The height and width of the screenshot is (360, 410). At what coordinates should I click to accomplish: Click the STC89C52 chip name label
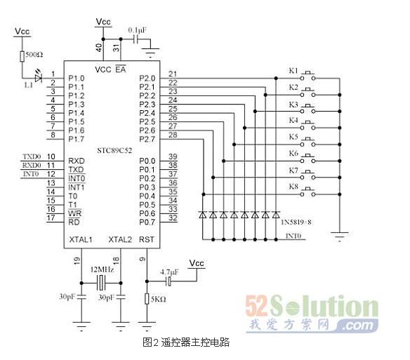tap(114, 150)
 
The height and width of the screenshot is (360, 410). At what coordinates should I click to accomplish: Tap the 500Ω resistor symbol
tap(22, 56)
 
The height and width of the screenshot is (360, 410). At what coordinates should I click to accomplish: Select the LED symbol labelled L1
tap(39, 78)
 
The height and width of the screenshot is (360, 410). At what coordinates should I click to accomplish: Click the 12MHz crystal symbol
tap(101, 283)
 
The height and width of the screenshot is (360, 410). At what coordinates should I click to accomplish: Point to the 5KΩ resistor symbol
tap(147, 298)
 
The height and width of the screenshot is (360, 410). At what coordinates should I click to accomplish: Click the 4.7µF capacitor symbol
tap(169, 281)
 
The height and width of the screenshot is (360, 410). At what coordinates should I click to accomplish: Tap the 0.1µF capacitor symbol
tap(135, 39)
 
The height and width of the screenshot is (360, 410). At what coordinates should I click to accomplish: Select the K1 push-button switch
tap(307, 76)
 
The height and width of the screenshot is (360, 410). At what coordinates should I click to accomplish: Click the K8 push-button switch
tap(307, 192)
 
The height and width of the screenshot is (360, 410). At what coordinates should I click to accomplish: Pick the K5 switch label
tap(293, 137)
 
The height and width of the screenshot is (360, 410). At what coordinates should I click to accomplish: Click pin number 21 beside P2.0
tap(173, 74)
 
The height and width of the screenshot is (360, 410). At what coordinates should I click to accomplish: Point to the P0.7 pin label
tap(147, 222)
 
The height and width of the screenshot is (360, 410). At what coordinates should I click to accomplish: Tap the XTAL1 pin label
tap(81, 239)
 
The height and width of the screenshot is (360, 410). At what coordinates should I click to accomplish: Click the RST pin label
tap(147, 239)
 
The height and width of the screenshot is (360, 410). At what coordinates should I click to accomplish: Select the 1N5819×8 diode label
tap(296, 222)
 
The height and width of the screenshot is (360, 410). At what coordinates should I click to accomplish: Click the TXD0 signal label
tap(32, 156)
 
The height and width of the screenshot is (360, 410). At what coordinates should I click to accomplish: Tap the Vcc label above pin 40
tap(103, 22)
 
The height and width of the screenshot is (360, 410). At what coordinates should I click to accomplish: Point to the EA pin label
tap(121, 69)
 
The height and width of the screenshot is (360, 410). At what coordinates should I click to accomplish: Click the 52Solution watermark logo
tap(312, 314)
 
